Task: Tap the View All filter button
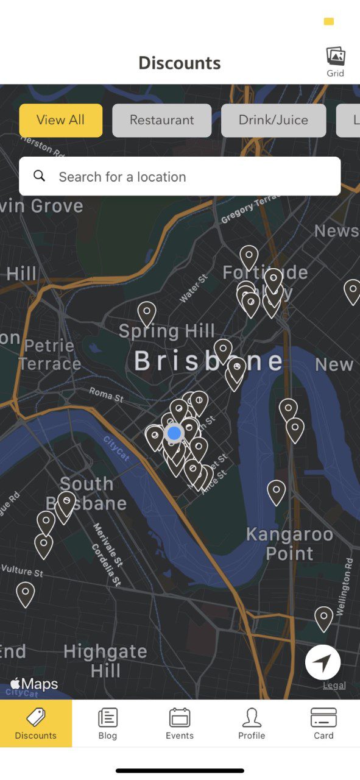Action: coord(61,120)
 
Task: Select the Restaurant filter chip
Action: coord(161,120)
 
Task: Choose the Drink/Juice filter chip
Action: coord(274,120)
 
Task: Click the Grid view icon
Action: coord(335,62)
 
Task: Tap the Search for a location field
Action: coord(189,177)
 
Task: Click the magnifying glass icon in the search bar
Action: coord(40,176)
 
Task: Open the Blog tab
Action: coord(108,723)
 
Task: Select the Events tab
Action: coord(180,723)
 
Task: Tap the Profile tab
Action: coord(252,723)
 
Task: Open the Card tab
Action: coord(323,723)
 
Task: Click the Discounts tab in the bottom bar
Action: coord(36,723)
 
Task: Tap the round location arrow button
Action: coord(323,662)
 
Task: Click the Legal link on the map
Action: coord(334,686)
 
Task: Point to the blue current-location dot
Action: coord(174,433)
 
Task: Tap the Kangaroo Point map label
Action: coord(289,544)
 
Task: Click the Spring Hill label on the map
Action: coord(166,331)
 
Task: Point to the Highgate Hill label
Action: coord(105,661)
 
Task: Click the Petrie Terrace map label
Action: coord(49,355)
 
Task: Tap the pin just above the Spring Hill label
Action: coord(146,312)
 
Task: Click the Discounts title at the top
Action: coord(180,63)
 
